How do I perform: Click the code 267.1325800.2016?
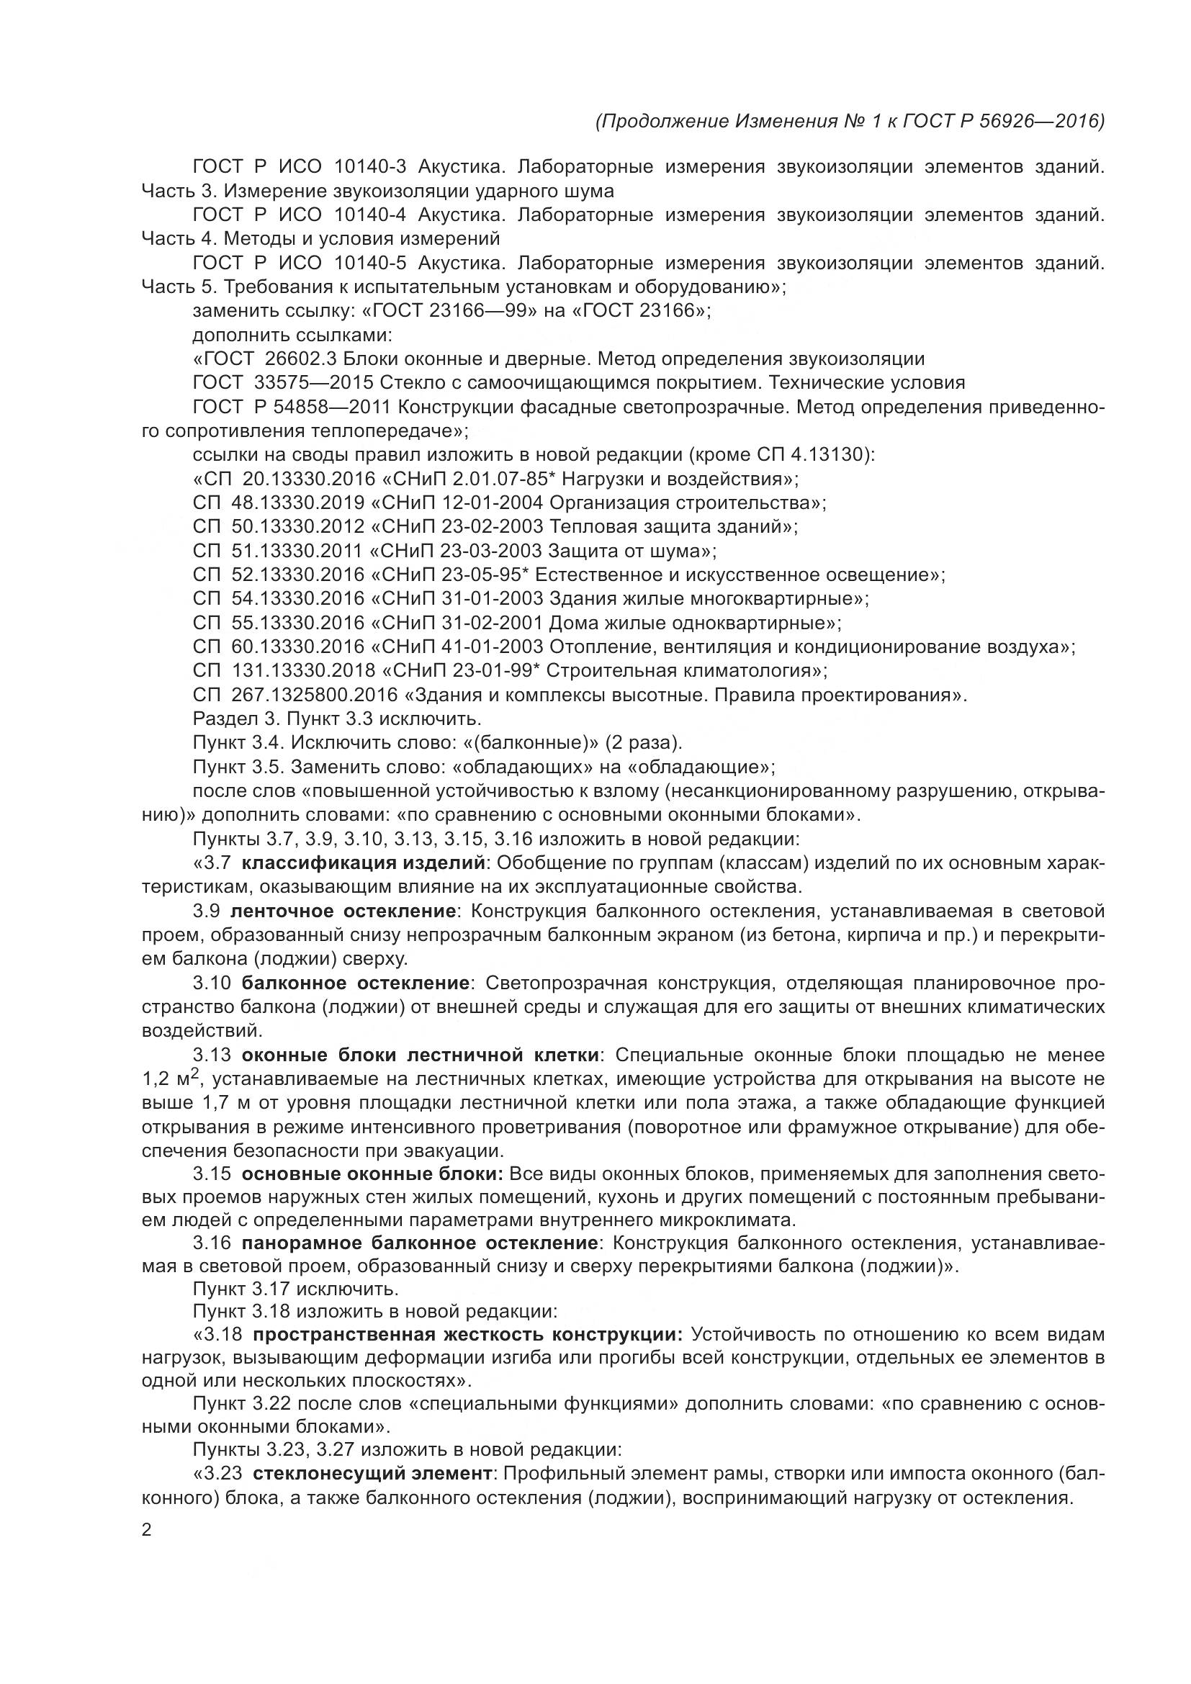click(x=314, y=695)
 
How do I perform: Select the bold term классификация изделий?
click(x=363, y=863)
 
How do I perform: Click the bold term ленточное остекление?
click(x=343, y=911)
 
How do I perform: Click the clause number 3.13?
click(x=212, y=1055)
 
